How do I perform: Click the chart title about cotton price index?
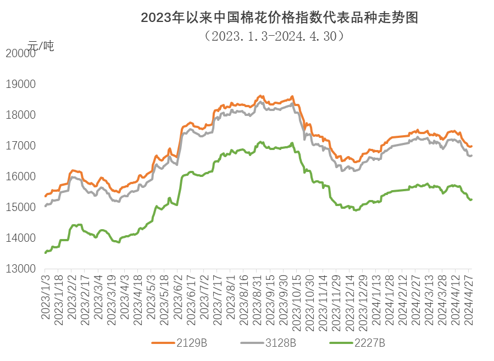[279, 18]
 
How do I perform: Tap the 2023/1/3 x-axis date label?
[46, 294]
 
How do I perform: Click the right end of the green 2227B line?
[471, 199]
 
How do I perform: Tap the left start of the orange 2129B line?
[46, 196]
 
